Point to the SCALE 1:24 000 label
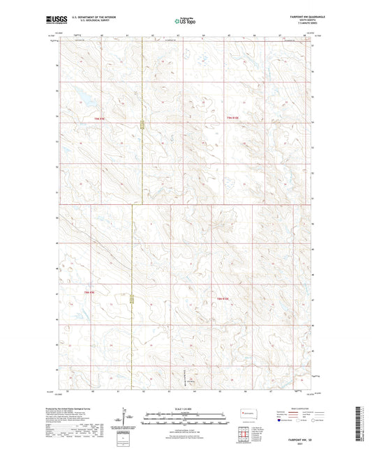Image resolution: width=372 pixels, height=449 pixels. (186, 409)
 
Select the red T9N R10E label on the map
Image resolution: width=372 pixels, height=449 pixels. (237, 119)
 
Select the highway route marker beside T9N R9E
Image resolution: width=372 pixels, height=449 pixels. (142, 126)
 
